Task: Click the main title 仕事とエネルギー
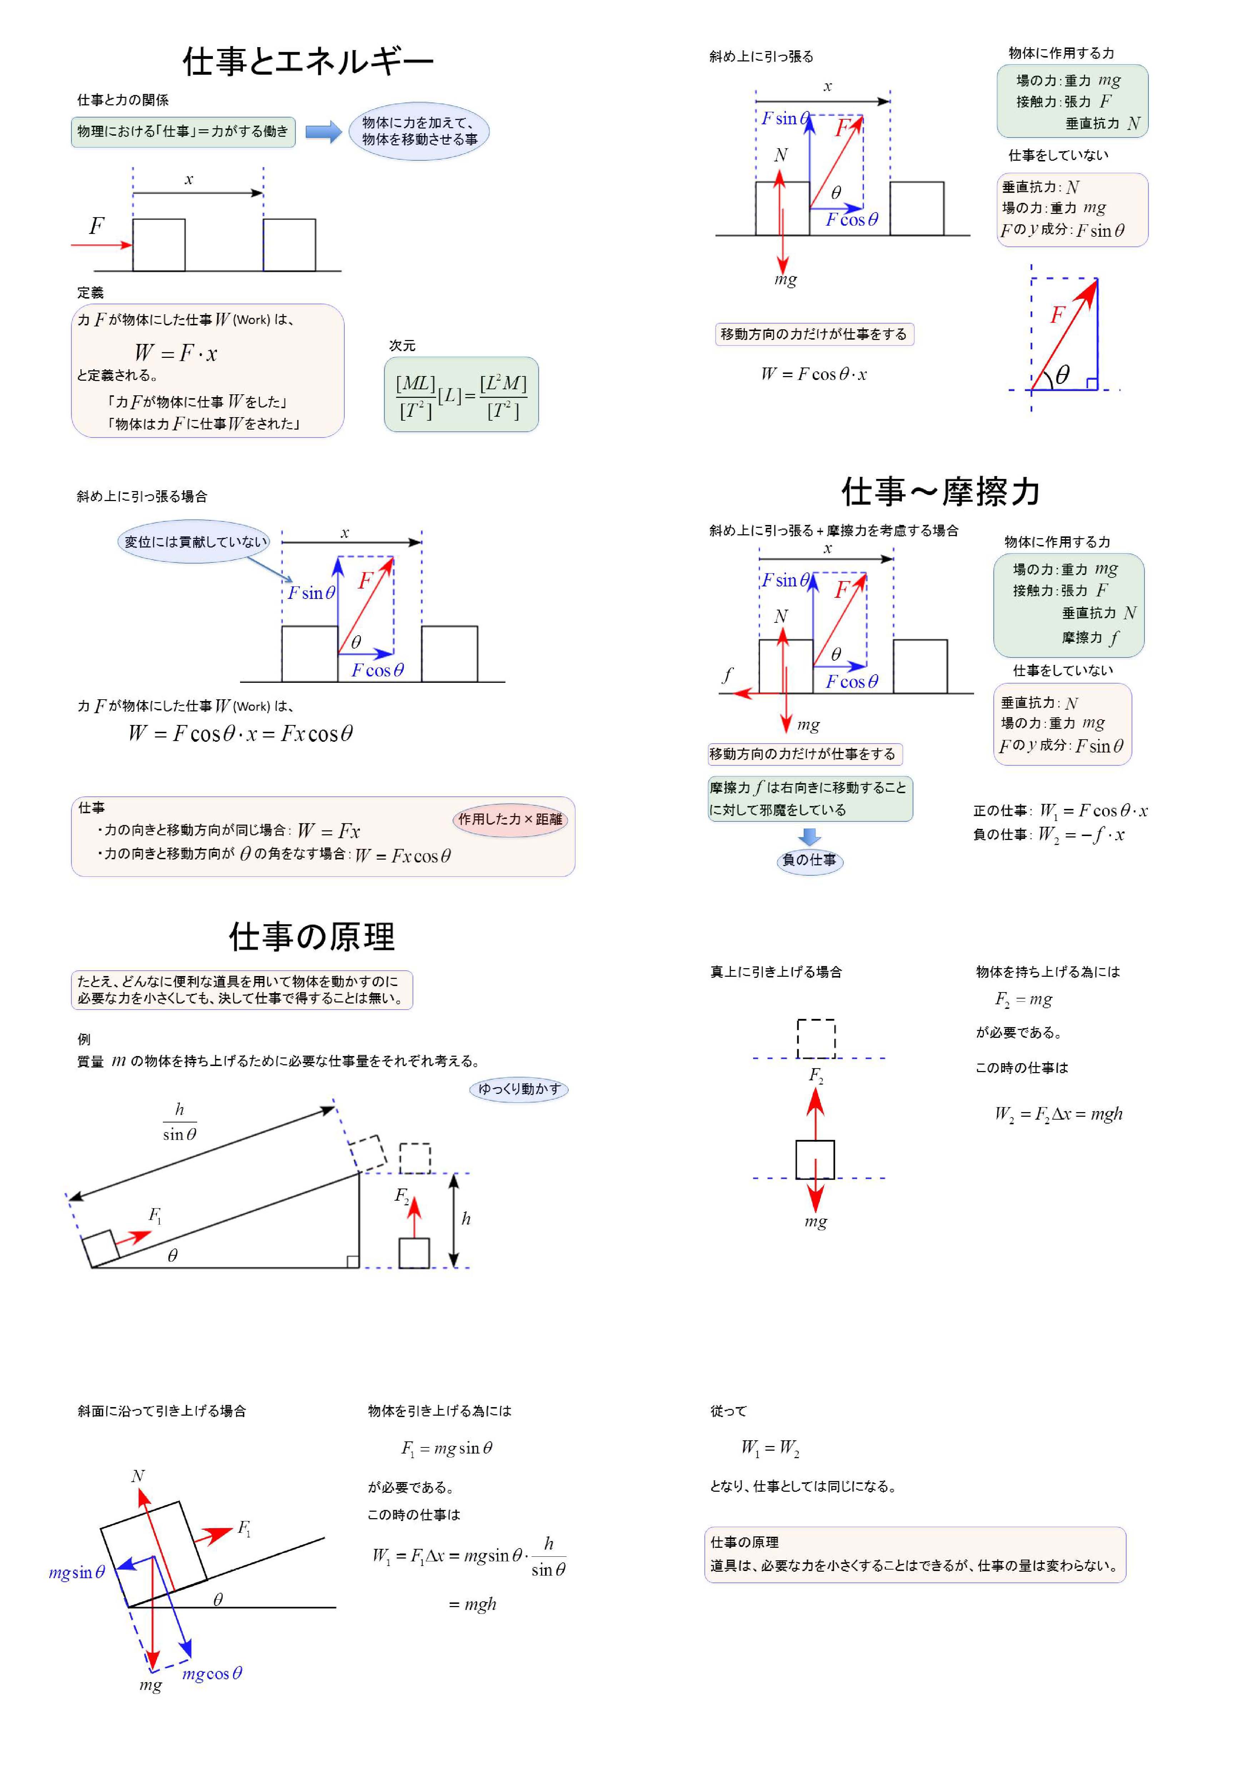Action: coord(308,62)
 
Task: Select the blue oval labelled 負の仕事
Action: coord(809,860)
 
